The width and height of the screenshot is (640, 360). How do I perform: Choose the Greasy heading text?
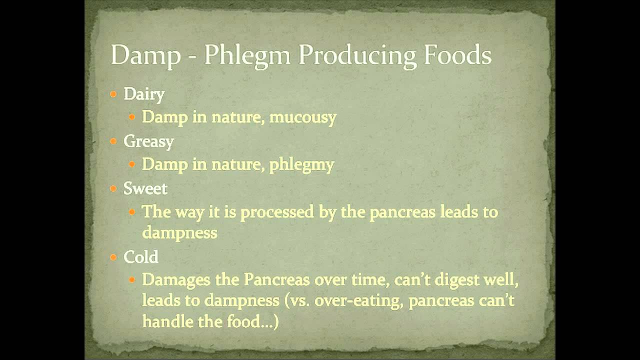(x=148, y=142)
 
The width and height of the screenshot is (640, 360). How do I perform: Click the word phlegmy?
(x=301, y=165)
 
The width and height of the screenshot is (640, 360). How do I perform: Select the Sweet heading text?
(x=145, y=188)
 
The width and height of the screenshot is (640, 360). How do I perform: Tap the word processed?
(x=277, y=212)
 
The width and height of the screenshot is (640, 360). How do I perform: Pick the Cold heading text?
(x=141, y=257)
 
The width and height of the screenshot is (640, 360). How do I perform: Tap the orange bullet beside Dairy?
(x=114, y=94)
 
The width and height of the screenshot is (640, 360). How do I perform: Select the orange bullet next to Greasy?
(x=114, y=141)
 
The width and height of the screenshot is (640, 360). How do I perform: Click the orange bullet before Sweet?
(x=114, y=188)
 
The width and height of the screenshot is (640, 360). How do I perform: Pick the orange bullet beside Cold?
(x=114, y=257)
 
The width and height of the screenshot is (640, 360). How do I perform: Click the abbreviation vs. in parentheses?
(x=300, y=301)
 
